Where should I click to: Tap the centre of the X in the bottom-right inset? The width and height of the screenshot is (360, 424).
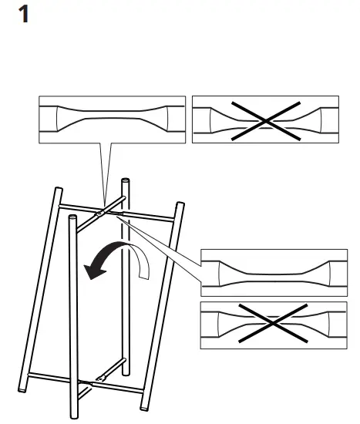tap(274, 321)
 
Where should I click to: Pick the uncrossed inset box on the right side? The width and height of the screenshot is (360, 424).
tap(274, 273)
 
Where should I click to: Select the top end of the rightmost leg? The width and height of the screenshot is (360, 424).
tap(180, 206)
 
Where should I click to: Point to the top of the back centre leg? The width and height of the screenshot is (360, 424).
tap(124, 182)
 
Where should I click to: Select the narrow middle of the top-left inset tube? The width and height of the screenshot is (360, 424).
tap(112, 121)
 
